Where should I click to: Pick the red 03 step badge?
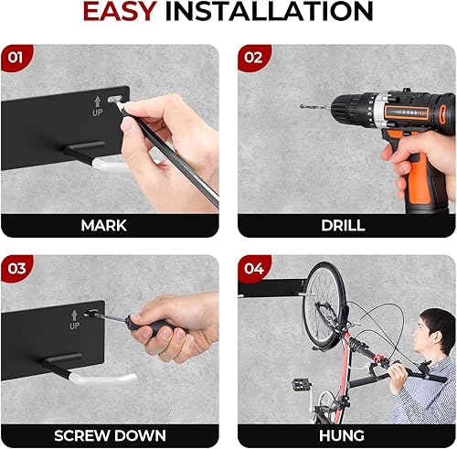pos(16,269)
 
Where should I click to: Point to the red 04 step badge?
pos(253,269)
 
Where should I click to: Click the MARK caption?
pos(103,225)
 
